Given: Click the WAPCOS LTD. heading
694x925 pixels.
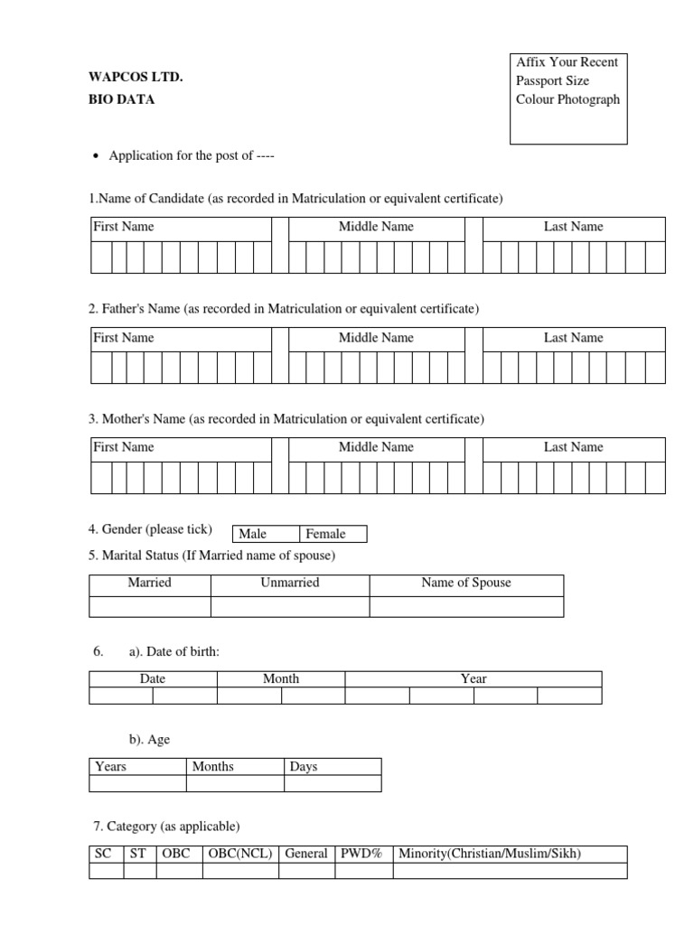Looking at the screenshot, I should tap(136, 79).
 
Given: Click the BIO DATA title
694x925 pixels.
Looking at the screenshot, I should tap(121, 100).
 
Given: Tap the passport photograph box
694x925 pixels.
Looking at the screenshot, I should tap(568, 99).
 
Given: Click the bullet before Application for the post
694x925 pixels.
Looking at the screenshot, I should tap(97, 156).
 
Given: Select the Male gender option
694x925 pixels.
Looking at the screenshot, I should tap(253, 534).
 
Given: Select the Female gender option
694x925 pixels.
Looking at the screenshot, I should tap(326, 534).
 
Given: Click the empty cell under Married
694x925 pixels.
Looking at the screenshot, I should tap(150, 606).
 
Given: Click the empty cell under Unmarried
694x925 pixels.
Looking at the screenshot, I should tap(290, 606).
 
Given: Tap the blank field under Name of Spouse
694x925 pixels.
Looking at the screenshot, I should tap(466, 606).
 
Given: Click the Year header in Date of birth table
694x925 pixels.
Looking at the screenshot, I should tap(474, 678).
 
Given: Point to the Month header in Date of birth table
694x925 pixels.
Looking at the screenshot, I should tap(281, 678).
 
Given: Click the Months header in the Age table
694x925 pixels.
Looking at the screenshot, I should tap(213, 767).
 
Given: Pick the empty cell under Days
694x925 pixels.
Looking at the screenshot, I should tap(333, 783).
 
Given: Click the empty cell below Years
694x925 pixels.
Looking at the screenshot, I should tap(137, 783).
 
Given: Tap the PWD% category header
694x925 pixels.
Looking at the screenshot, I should tap(361, 854).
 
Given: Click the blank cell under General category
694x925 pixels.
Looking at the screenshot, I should tap(305, 871).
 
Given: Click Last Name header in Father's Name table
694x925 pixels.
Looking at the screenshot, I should tap(573, 338).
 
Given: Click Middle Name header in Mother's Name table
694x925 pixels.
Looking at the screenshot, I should tap(376, 447).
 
